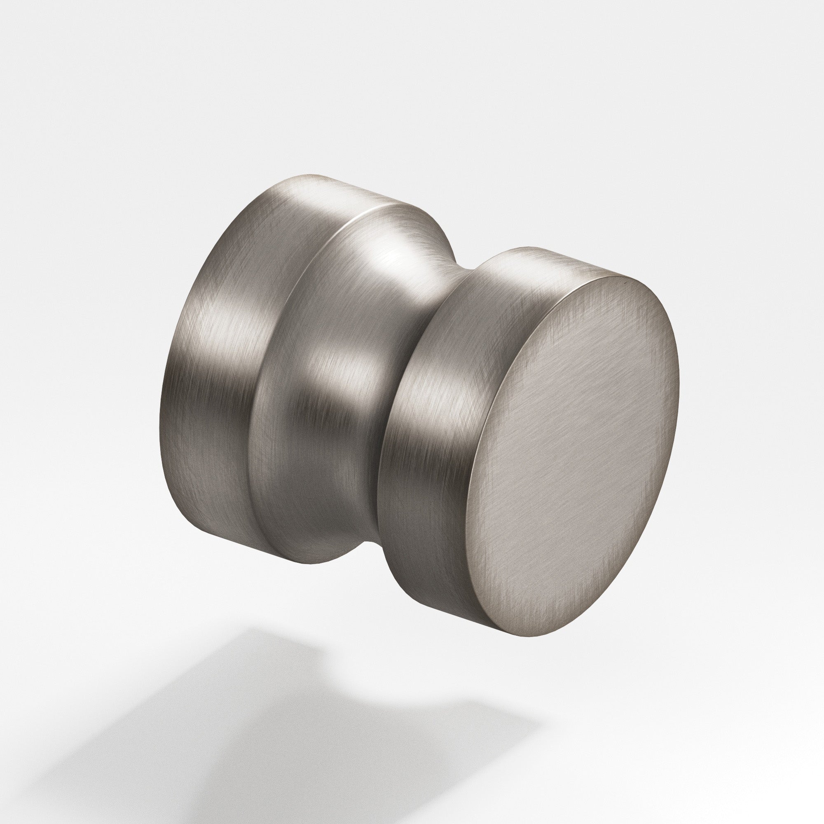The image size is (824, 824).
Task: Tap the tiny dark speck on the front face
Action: (x=623, y=282)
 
